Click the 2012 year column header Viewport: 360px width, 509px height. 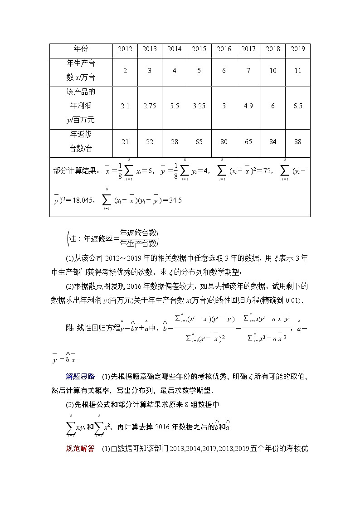click(125, 49)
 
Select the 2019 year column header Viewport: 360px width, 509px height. click(297, 49)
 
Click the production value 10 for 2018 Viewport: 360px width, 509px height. click(272, 71)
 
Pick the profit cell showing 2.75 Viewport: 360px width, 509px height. click(150, 106)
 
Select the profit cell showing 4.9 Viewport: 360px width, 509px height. click(248, 106)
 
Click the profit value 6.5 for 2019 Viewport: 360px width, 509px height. click(297, 106)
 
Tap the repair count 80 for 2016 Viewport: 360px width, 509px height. click(224, 142)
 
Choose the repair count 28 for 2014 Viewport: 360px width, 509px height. click(174, 142)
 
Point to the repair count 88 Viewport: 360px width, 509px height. click(297, 142)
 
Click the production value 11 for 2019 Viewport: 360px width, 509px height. click(297, 71)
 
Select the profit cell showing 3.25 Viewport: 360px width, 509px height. click(199, 106)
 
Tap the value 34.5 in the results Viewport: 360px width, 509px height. click(175, 200)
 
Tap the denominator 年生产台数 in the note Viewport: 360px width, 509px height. click(138, 243)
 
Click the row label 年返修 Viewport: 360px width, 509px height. click(81, 135)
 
